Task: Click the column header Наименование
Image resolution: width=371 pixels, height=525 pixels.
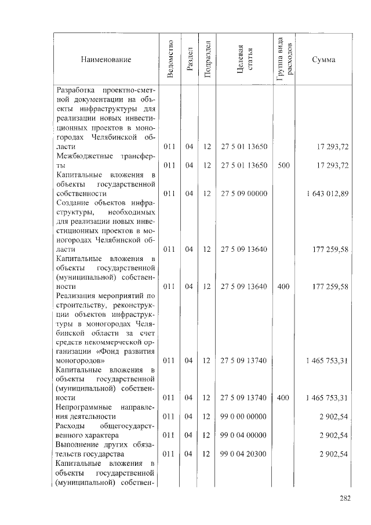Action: [106, 60]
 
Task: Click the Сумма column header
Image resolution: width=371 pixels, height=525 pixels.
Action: [323, 60]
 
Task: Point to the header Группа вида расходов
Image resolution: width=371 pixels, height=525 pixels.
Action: [284, 59]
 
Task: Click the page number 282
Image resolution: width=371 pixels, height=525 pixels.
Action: [344, 497]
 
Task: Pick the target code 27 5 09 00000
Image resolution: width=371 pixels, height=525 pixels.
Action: [243, 193]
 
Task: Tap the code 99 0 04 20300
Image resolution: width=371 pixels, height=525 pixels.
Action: [243, 454]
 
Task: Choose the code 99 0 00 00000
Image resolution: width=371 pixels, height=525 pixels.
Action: [243, 417]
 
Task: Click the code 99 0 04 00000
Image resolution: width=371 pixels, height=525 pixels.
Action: [243, 435]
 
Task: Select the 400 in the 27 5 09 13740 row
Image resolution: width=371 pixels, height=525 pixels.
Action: [283, 398]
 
